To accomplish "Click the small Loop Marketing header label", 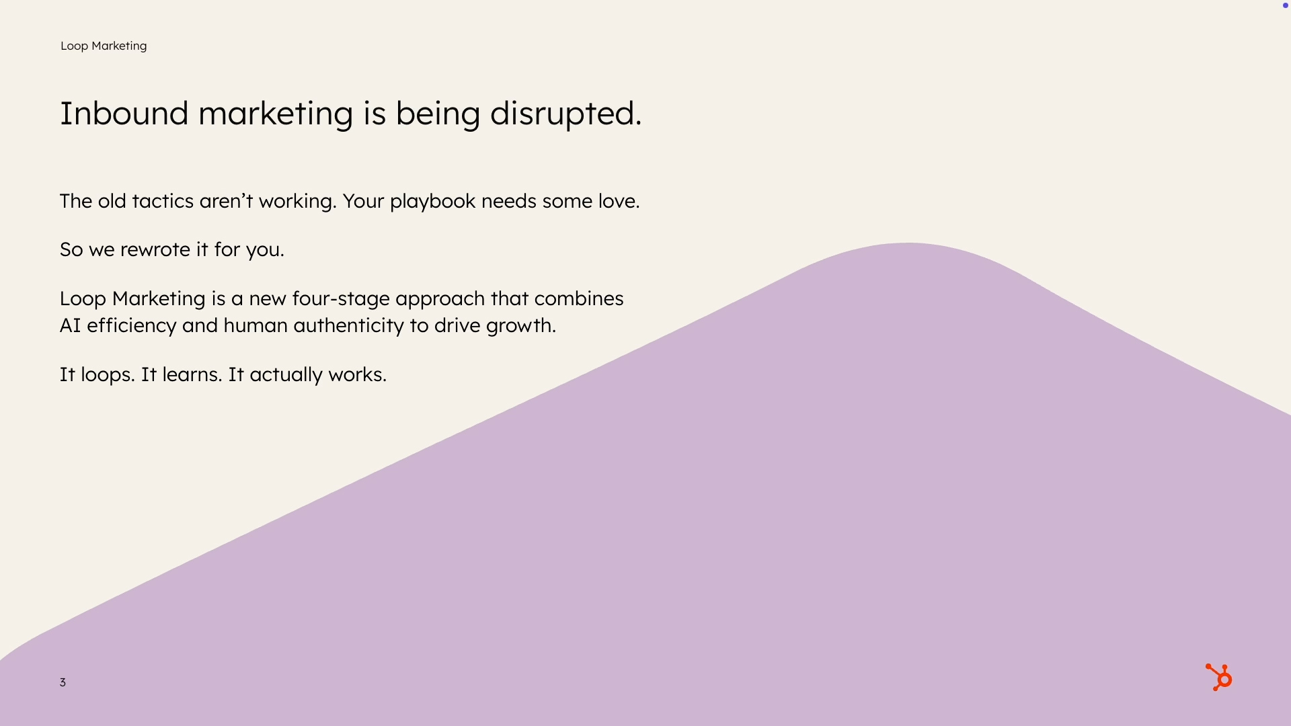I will click(x=104, y=46).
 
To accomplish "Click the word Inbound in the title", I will click(x=124, y=113).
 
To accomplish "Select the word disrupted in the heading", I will click(x=565, y=114).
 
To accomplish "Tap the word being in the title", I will click(x=437, y=114).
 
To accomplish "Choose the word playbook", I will click(x=432, y=202).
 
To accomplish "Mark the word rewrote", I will click(x=155, y=249).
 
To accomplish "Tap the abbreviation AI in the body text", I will click(x=70, y=325).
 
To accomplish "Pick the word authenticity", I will click(x=348, y=326).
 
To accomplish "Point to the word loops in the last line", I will click(x=108, y=375).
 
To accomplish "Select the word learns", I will click(x=192, y=374).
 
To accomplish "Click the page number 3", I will click(x=63, y=682).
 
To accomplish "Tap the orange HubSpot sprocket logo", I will click(x=1218, y=678).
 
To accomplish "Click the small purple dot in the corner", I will click(x=1286, y=5).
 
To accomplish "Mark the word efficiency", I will click(x=131, y=326).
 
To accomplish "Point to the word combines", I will click(x=579, y=298).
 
